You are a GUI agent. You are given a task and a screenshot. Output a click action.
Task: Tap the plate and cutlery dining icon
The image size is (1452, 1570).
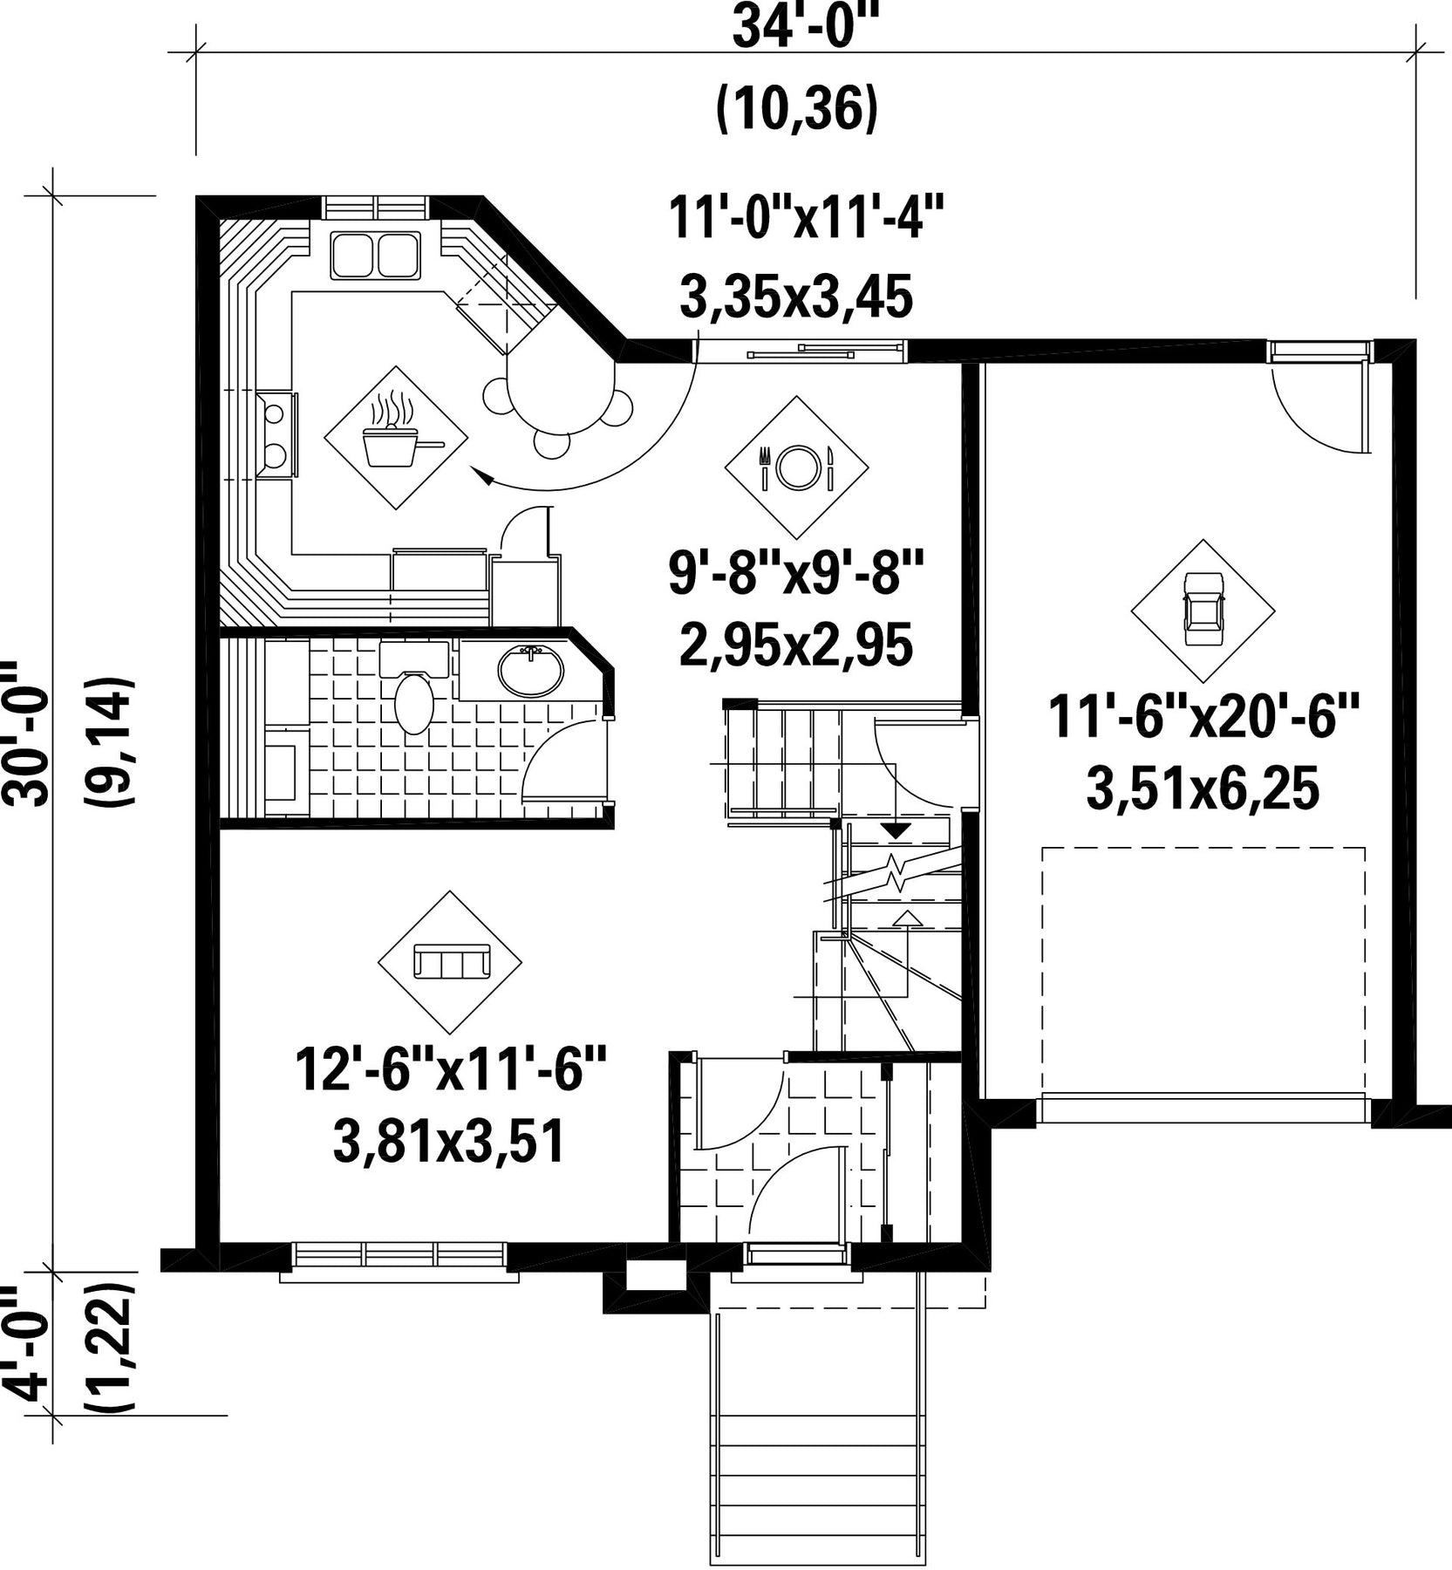click(796, 468)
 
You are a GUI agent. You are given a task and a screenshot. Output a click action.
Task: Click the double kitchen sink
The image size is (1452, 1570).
click(375, 254)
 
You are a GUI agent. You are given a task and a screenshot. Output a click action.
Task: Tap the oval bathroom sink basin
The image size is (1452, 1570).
click(530, 670)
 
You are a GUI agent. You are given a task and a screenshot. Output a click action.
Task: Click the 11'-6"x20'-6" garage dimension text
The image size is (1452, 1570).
click(1203, 715)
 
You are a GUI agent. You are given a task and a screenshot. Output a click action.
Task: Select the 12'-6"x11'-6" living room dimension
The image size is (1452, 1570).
click(450, 1070)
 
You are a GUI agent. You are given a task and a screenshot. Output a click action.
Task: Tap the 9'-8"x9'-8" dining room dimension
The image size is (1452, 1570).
click(795, 574)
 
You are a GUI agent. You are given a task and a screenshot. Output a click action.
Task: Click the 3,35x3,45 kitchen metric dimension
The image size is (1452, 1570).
click(795, 295)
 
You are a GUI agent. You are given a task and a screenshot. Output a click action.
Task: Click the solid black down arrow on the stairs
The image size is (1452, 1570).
click(895, 830)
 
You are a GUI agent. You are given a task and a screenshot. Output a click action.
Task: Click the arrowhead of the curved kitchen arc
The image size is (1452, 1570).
click(480, 475)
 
